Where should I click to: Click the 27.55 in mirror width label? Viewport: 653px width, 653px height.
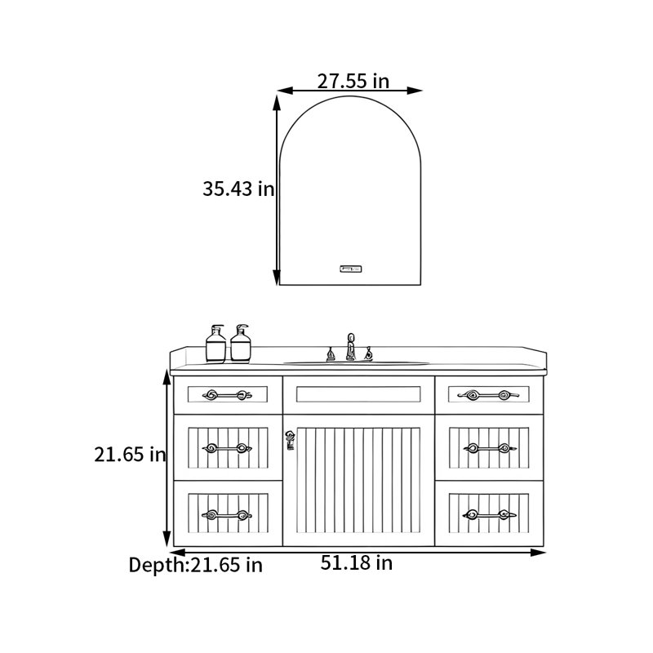pos(353,81)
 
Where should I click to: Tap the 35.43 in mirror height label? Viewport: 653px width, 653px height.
pos(238,189)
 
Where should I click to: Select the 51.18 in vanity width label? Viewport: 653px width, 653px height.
pos(357,563)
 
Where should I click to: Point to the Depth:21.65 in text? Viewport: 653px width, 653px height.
pos(195,565)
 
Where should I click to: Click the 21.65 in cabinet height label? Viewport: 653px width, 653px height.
pos(130,455)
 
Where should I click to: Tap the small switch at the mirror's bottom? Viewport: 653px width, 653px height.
pos(351,269)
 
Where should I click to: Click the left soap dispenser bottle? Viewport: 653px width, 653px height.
pos(215,344)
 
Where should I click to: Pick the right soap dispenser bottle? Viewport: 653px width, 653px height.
pos(241,343)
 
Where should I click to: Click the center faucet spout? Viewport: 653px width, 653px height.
pos(351,346)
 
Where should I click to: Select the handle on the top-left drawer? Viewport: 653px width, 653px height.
pos(228,395)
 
